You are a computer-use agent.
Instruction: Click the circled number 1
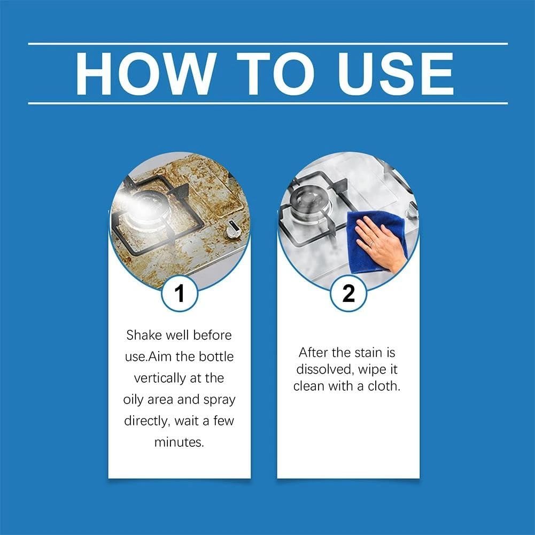[x=180, y=293]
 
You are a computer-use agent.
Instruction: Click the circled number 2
[x=348, y=293]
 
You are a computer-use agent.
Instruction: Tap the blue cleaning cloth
[x=369, y=241]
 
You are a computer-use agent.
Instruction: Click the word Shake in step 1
[x=142, y=336]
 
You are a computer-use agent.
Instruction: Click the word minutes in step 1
[x=179, y=443]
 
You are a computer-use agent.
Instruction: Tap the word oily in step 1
[x=135, y=400]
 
